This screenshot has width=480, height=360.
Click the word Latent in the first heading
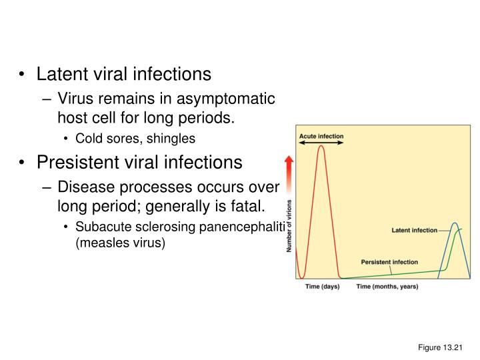click(61, 74)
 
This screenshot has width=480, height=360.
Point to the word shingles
click(173, 139)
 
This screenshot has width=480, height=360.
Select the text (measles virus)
click(120, 243)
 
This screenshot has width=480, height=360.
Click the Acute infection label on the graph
click(321, 136)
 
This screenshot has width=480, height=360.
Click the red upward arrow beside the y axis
click(289, 175)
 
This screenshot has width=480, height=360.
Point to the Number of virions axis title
click(289, 226)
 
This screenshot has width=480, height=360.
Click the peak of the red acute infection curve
click(321, 146)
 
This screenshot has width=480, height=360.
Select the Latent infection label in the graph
click(414, 231)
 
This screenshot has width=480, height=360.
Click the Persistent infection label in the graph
click(390, 262)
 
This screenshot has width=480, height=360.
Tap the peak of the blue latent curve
click(454, 223)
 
